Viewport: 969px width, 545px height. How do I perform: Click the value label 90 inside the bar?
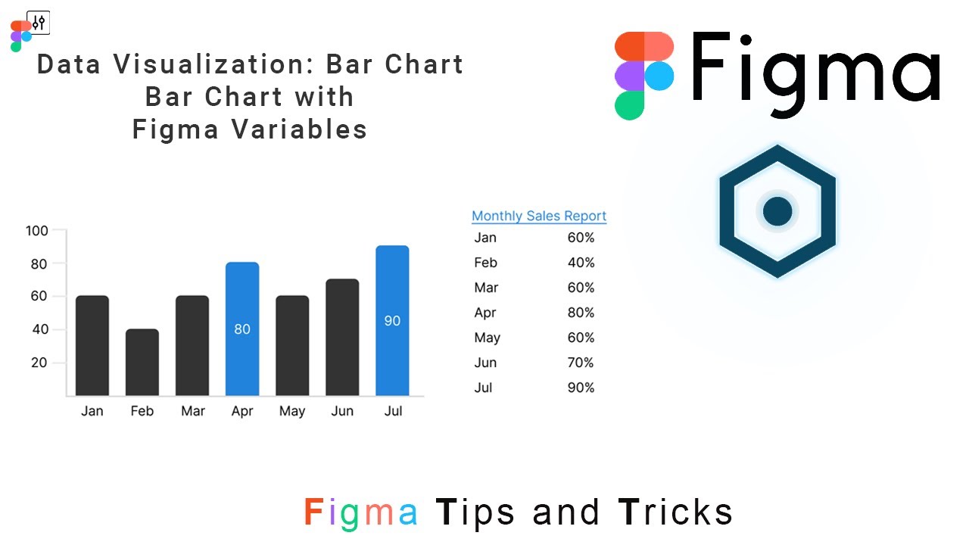(x=392, y=321)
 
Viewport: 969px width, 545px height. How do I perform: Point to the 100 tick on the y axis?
(x=36, y=231)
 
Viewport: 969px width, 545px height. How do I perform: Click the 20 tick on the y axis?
(x=38, y=363)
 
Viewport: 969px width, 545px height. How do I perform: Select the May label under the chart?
(x=292, y=411)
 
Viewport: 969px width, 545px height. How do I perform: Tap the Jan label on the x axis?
(x=92, y=411)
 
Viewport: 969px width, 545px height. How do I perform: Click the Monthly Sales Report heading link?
(x=539, y=216)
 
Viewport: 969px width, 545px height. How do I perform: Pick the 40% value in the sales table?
(x=581, y=263)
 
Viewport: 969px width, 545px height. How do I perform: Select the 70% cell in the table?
(x=581, y=363)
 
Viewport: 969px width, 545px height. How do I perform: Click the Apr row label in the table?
(x=485, y=313)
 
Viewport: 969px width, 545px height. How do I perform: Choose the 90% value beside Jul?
(x=581, y=388)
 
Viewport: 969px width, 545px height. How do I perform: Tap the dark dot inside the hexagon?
(x=777, y=211)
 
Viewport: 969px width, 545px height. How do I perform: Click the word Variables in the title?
(x=299, y=129)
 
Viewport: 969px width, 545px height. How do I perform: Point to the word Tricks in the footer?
(x=676, y=512)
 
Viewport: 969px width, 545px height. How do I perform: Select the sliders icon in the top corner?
(x=39, y=23)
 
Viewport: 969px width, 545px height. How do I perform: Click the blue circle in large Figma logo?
(x=659, y=76)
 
